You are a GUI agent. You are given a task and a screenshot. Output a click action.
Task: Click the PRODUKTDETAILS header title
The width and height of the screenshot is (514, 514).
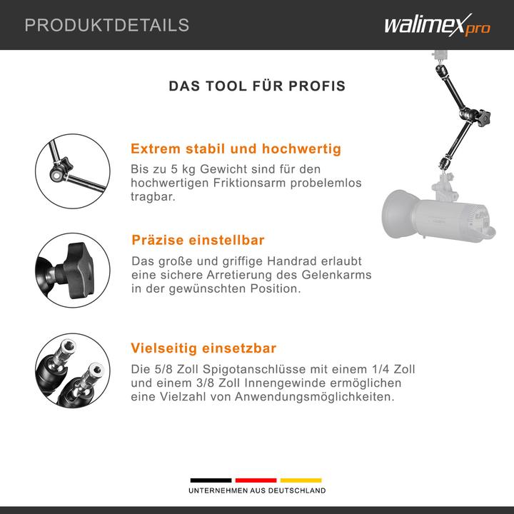click(107, 25)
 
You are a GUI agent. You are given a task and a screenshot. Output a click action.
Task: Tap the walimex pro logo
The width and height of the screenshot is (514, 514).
click(438, 25)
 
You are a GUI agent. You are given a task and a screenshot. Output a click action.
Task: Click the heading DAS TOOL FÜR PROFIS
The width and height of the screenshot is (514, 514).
click(257, 86)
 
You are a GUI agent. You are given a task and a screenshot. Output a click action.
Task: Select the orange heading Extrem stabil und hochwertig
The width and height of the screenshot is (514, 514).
click(236, 148)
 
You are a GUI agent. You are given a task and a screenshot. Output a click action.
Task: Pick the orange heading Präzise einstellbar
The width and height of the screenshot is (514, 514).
click(198, 240)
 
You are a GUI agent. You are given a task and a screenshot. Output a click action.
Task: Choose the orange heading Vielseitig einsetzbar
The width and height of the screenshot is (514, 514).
click(203, 348)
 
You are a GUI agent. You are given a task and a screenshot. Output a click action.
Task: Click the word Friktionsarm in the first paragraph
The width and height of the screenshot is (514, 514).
click(249, 183)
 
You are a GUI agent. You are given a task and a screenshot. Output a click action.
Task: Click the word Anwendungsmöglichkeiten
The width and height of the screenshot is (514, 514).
click(314, 397)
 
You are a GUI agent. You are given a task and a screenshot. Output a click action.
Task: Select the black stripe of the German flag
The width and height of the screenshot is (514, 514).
click(211, 480)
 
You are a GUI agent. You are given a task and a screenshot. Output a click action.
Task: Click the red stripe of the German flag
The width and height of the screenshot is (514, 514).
click(256, 480)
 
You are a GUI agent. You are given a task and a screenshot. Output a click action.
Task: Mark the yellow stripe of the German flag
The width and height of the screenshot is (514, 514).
click(301, 480)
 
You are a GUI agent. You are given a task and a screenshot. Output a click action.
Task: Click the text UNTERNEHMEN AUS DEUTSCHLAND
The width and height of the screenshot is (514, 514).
click(257, 490)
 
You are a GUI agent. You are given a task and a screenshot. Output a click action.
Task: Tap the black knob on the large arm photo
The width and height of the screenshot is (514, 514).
click(483, 119)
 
